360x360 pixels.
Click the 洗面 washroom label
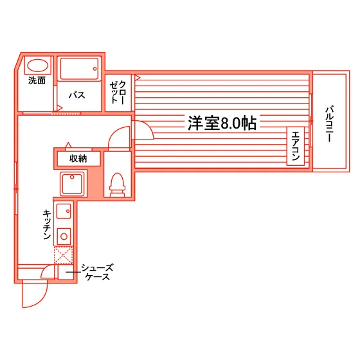37,80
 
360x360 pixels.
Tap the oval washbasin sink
38,66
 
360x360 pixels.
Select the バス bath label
77,95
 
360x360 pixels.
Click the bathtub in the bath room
79,69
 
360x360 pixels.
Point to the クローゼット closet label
118,93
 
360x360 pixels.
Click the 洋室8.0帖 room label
222,123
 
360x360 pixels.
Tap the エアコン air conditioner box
296,146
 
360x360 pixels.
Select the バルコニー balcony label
329,124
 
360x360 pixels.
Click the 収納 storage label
78,159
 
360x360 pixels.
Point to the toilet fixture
117,185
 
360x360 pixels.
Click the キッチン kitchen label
47,224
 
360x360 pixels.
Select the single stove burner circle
64,237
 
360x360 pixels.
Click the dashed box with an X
64,255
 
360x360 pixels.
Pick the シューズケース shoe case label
97,273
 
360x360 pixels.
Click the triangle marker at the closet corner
138,78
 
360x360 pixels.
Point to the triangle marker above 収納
68,145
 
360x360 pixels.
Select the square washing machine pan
72,184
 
